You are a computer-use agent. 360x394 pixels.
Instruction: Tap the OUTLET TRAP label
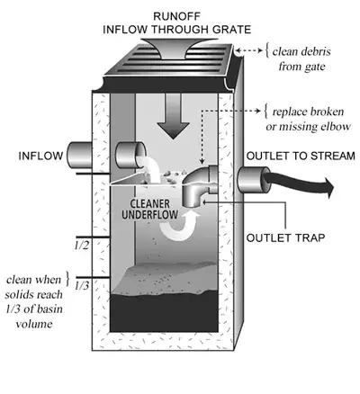pyautogui.click(x=285, y=240)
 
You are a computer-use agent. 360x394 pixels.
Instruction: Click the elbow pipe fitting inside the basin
pyautogui.click(x=201, y=187)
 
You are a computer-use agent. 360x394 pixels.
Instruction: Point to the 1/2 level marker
pyautogui.click(x=82, y=244)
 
